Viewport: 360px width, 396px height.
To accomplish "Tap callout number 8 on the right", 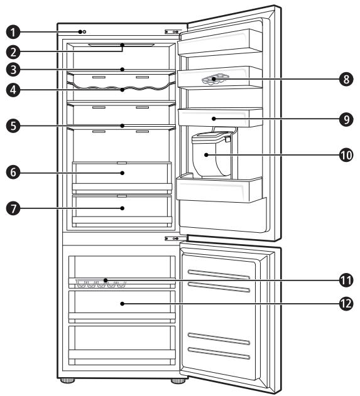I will pos(344,79).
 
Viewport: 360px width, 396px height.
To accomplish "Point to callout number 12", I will pos(344,303).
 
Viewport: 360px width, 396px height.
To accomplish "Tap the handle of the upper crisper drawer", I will pos(121,162).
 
